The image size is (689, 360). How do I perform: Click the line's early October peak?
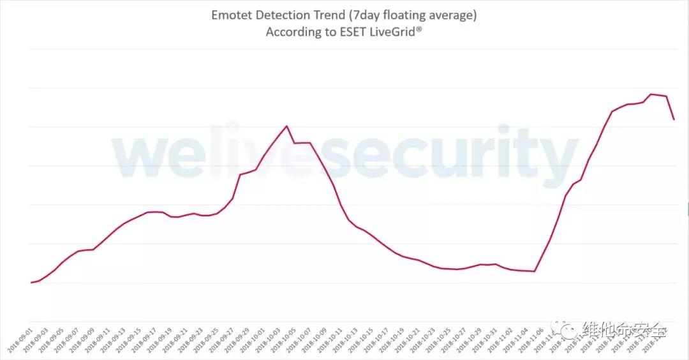point(286,126)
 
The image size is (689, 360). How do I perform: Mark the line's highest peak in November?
point(651,94)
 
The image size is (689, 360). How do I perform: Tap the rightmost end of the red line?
point(674,119)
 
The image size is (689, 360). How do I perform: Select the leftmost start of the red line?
point(31,282)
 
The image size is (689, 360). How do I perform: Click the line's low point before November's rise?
point(534,271)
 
